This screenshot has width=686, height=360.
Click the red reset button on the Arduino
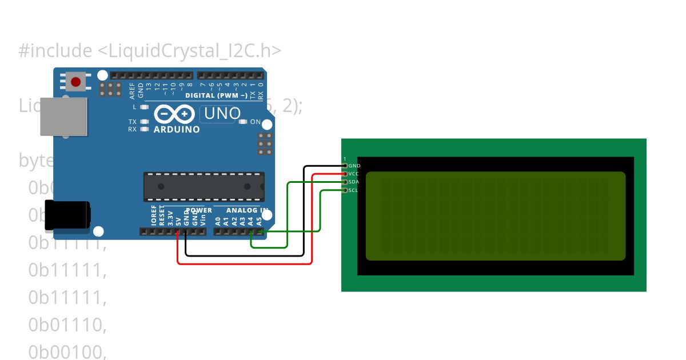(75, 82)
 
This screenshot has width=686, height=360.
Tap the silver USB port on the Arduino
(63, 117)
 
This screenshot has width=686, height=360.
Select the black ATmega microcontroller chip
(204, 186)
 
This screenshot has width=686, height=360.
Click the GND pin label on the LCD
(354, 166)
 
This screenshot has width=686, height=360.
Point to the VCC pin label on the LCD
(354, 174)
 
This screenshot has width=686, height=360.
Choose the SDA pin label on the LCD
(354, 182)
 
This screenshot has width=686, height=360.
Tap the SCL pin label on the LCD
(353, 190)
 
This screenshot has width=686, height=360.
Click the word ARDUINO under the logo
(177, 130)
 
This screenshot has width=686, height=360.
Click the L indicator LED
(144, 107)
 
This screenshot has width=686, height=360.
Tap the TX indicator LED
(144, 122)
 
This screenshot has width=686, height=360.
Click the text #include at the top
(55, 51)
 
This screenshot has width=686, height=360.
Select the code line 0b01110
(67, 325)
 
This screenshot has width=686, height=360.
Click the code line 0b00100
(67, 352)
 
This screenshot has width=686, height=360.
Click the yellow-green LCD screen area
(495, 216)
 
